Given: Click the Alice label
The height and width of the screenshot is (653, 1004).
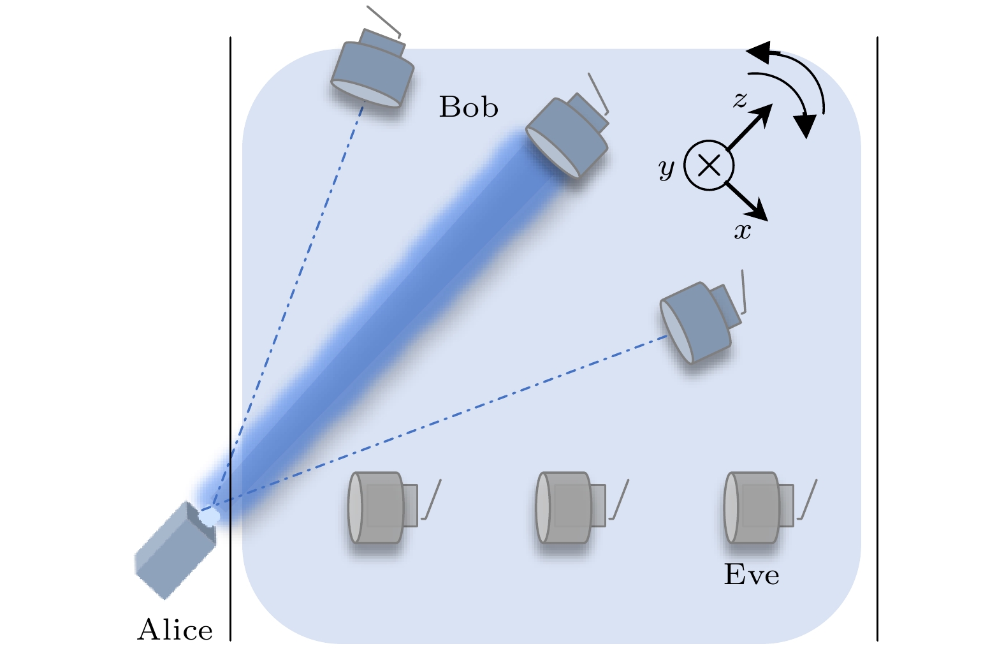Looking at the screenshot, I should pos(175,630).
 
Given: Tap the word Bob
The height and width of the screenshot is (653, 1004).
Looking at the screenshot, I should pos(468,107).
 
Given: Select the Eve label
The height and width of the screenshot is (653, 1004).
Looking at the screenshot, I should pos(751,575).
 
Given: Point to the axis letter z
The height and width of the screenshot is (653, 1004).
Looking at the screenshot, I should pos(739,99).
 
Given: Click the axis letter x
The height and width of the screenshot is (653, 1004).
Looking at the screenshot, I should pos(743,231).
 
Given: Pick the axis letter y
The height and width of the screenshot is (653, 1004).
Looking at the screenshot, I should pos(666,168).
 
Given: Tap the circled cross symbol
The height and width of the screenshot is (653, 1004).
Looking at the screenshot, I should pos(709,166).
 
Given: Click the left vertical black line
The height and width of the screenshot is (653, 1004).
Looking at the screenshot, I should pos(230,319).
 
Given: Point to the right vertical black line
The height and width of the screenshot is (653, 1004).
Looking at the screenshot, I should pos(877,319).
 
